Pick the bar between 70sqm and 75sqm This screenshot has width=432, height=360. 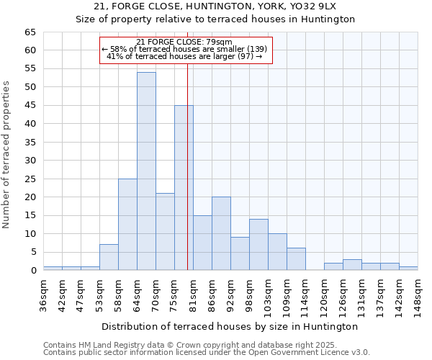(x=165, y=232)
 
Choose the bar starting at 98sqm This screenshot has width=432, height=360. (x=258, y=245)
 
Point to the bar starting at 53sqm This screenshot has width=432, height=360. (x=109, y=257)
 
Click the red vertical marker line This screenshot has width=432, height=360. (x=187, y=144)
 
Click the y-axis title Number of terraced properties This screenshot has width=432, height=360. (x=7, y=155)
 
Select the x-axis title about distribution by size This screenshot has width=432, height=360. (x=230, y=326)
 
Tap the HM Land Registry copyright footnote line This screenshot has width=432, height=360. (x=189, y=345)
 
